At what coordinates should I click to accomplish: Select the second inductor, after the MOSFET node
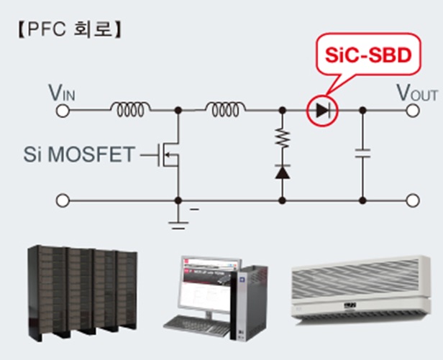[x=225, y=109]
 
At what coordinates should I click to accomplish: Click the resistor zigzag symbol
[x=282, y=137]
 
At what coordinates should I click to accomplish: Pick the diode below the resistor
[x=282, y=172]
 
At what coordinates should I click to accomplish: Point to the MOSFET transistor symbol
[x=168, y=155]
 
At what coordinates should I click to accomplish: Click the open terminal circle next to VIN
[x=63, y=111]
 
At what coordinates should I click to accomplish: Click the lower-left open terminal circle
[x=63, y=200]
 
